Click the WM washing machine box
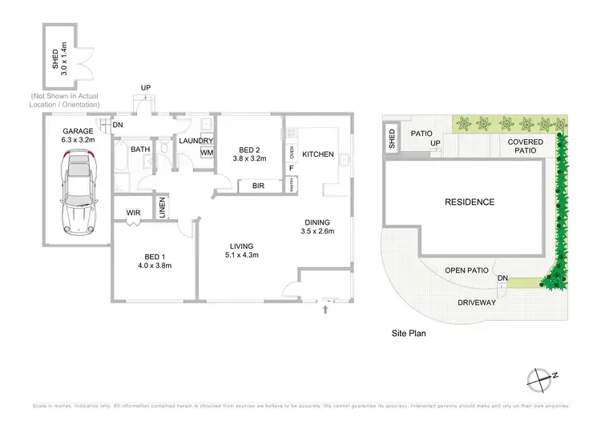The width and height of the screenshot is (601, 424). point(207,153)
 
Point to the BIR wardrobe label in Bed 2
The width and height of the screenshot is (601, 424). point(259,186)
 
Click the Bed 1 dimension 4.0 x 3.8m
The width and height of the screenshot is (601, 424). point(154,265)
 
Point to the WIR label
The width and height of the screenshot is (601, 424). point(133,212)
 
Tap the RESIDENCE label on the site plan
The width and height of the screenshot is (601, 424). point(470,202)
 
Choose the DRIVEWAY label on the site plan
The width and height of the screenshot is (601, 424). point(477,303)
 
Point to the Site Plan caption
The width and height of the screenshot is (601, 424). point(406,331)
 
